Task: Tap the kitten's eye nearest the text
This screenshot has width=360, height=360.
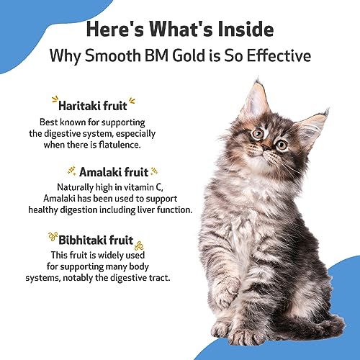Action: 256,133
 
